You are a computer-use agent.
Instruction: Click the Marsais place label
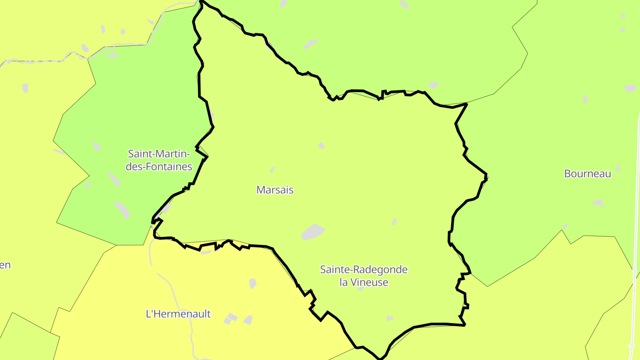coord(275,190)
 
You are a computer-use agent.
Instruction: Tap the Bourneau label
coord(588,174)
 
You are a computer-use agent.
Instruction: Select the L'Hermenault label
coord(178,314)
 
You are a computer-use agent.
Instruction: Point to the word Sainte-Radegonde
coord(364,270)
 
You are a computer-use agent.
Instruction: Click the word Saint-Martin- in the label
coord(159,154)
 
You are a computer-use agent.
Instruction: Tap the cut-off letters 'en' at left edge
coord(5,265)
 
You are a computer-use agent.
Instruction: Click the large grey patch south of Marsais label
coord(313,232)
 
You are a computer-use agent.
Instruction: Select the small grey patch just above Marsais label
coord(272,170)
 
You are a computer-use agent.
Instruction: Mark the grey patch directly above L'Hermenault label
coord(252,283)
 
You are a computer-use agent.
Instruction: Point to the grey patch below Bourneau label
coord(598,203)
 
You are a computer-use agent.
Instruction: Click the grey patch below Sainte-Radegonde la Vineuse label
coord(390,318)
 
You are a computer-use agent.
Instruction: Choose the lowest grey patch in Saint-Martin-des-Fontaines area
coord(122,209)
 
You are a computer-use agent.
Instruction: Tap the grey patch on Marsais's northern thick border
coord(433,84)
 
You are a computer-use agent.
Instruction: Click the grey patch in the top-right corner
coord(630,88)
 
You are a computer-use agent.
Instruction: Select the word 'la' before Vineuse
coord(343,282)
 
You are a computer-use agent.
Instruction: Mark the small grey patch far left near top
coord(25,88)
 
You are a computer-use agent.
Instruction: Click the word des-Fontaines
coord(159,167)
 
